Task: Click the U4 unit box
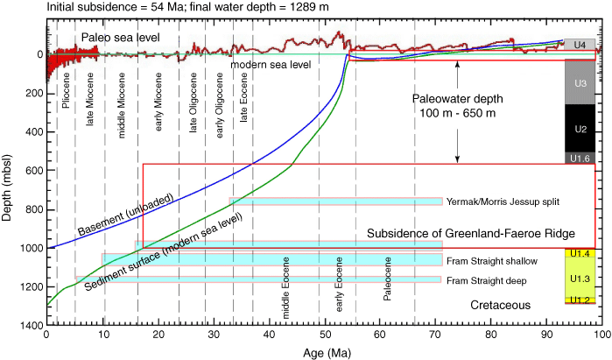(580, 44)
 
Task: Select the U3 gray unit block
(580, 82)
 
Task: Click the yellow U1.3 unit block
(580, 278)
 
